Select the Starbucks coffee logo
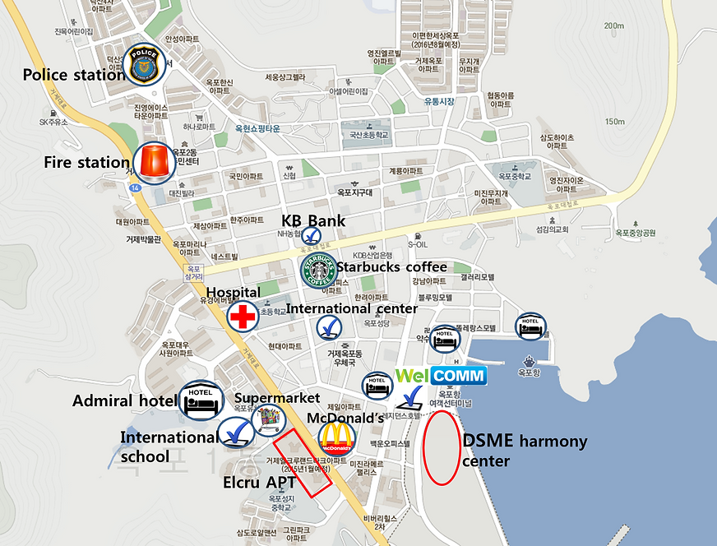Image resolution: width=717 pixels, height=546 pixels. [317, 271]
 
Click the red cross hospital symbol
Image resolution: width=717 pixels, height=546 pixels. [243, 315]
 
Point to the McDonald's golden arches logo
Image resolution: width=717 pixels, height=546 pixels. [335, 438]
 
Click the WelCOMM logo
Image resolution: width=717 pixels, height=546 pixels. [441, 376]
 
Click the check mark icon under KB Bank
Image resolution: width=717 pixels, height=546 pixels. [312, 236]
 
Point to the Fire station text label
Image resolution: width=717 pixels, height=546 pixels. [86, 163]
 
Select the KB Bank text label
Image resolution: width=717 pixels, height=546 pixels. [313, 220]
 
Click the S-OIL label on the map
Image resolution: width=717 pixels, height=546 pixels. [418, 244]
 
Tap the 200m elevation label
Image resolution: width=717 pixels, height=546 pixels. [613, 26]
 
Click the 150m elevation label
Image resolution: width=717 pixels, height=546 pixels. [614, 122]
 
